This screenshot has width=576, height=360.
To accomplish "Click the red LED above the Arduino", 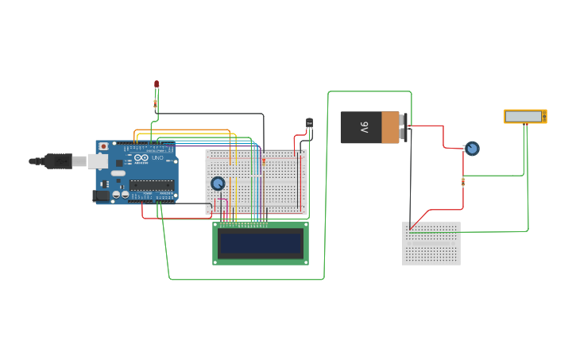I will click(157, 83).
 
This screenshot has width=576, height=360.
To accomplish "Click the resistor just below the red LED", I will click(156, 103).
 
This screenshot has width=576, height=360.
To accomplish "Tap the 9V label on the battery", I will click(364, 126).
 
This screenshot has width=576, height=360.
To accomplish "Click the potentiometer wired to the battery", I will click(472, 149).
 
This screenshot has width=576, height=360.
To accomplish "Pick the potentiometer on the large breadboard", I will click(218, 184).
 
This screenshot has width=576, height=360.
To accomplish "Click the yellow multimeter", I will click(525, 116).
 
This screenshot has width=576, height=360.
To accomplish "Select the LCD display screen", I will click(261, 243).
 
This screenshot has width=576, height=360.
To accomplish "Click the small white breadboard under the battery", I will click(431, 242).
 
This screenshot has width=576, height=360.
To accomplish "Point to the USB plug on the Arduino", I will click(60, 161).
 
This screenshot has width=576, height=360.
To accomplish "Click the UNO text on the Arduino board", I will click(157, 157).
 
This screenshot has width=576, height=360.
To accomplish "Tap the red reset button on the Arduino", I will click(103, 146).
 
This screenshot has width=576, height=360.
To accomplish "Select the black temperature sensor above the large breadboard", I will click(309, 124).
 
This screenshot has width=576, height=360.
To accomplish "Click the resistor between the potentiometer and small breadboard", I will click(463, 181).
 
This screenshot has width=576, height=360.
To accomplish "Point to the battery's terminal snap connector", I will click(404, 127).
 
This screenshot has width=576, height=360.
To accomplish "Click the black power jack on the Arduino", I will click(101, 195).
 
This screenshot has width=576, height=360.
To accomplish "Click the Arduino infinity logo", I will click(141, 157).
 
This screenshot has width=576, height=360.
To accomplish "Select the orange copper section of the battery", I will click(390, 127).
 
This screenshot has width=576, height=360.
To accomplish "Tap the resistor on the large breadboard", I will click(264, 161).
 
